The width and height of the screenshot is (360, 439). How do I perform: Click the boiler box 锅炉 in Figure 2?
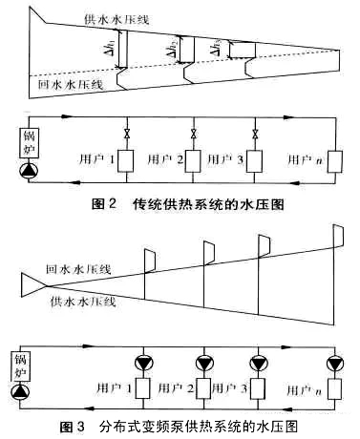[x=30, y=143]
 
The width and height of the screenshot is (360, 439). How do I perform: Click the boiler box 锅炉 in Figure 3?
[x=21, y=366]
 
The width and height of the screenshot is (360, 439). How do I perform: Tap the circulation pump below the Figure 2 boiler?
[x=29, y=171]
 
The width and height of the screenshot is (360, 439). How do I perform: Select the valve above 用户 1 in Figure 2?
[x=127, y=134]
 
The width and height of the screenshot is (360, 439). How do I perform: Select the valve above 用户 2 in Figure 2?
[x=193, y=134]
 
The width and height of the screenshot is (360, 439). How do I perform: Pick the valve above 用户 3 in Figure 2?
[x=255, y=134]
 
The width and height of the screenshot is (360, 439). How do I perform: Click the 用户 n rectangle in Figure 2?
[x=335, y=161]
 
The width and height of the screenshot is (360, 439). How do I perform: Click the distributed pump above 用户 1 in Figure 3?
[x=143, y=363]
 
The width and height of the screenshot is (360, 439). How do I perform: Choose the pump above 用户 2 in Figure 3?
[x=204, y=363]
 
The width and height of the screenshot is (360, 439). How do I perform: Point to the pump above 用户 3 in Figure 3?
[x=259, y=363]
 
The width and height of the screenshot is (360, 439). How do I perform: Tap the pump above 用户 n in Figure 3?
[x=335, y=363]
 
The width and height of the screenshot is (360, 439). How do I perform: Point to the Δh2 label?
[x=171, y=50]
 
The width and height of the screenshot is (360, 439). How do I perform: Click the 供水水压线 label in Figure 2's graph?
[x=116, y=20]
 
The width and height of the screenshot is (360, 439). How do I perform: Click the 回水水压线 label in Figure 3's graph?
[x=78, y=269]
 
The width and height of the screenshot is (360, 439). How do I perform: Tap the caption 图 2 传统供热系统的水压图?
[x=187, y=204]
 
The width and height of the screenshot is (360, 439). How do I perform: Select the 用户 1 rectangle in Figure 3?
[x=143, y=388]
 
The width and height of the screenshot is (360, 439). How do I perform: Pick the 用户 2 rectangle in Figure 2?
[x=193, y=161]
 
